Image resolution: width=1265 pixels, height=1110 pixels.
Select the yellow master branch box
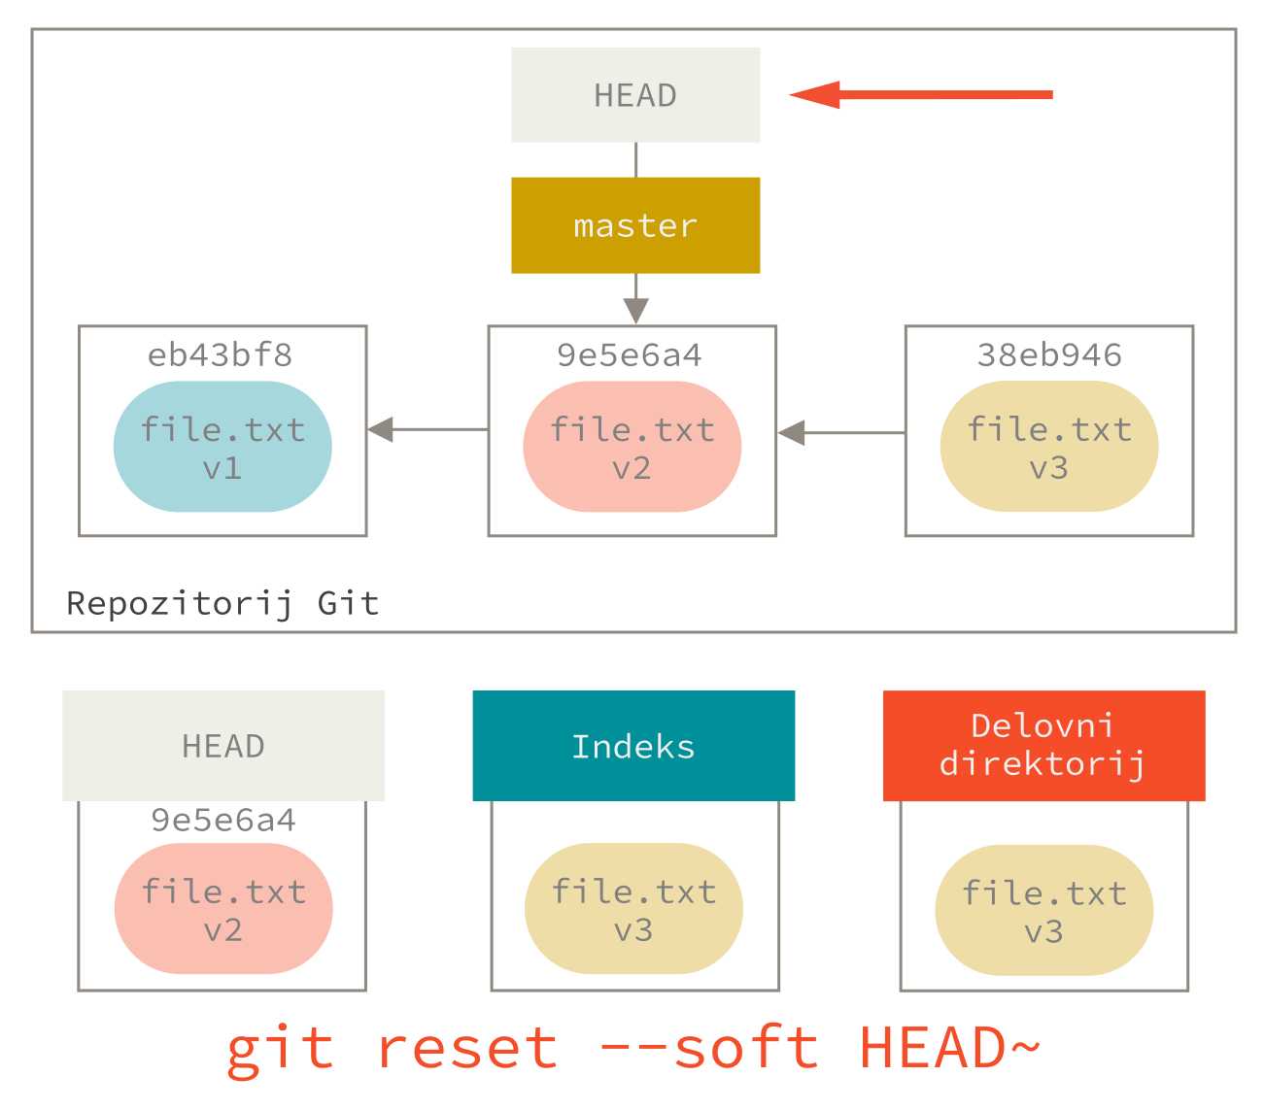[x=635, y=225]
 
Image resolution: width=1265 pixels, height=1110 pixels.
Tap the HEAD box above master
[x=635, y=95]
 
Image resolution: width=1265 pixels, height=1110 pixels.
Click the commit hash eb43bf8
[x=221, y=355]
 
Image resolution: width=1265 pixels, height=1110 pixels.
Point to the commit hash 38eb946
[x=1049, y=355]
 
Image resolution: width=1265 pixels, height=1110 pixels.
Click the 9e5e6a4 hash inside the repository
[x=630, y=355]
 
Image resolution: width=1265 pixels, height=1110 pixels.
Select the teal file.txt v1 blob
[x=222, y=447]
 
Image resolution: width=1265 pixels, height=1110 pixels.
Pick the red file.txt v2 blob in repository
[x=632, y=447]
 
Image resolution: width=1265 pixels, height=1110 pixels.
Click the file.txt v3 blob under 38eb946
[x=1049, y=447]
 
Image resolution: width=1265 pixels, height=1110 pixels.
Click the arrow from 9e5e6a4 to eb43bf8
[x=427, y=429]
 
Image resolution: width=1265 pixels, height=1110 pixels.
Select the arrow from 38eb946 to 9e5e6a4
[x=841, y=433]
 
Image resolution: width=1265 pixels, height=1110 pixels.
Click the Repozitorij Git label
[x=222, y=603]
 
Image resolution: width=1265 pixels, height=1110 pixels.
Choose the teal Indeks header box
[x=633, y=746]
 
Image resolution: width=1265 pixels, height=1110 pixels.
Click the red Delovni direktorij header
[x=1043, y=746]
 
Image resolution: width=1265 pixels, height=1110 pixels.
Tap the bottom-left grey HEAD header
[x=223, y=746]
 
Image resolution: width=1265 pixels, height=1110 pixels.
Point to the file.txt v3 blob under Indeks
[x=633, y=910]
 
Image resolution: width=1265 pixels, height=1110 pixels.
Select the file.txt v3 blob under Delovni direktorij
[x=1044, y=911]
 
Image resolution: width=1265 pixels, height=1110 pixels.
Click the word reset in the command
[x=467, y=1049]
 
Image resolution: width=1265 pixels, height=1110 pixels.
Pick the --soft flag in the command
[x=709, y=1049]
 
